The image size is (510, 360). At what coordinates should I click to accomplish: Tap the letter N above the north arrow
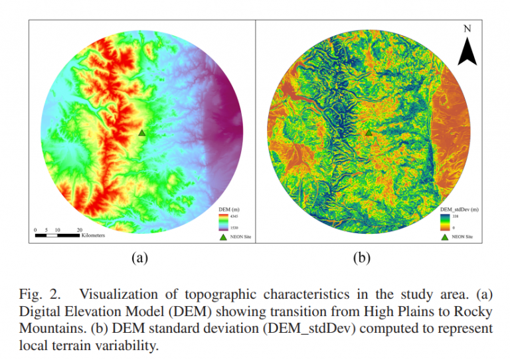coord(467,29)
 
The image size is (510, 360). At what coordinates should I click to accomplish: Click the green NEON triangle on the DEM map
coord(141,133)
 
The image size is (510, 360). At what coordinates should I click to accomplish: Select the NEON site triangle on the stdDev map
coord(369,133)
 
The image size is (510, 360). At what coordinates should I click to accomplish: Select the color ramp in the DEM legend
coord(223,222)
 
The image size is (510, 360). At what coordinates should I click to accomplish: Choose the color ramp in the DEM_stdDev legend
coord(444,222)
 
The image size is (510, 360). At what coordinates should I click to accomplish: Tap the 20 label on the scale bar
coord(80,229)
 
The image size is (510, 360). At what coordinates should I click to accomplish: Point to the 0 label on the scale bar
coord(36,229)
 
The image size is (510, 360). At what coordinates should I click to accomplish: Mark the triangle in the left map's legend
coord(223,235)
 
